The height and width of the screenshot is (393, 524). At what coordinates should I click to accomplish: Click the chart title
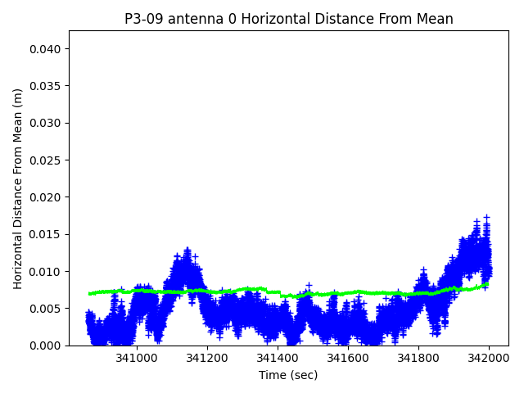click(288, 19)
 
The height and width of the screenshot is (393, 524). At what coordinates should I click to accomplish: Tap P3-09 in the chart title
click(144, 19)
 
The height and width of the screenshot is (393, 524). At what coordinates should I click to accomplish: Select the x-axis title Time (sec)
click(288, 375)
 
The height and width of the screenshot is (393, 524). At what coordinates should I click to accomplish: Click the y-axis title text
click(18, 188)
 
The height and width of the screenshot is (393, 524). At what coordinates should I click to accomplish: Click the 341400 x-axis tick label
click(278, 359)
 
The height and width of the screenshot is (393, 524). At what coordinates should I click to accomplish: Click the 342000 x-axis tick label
click(489, 359)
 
